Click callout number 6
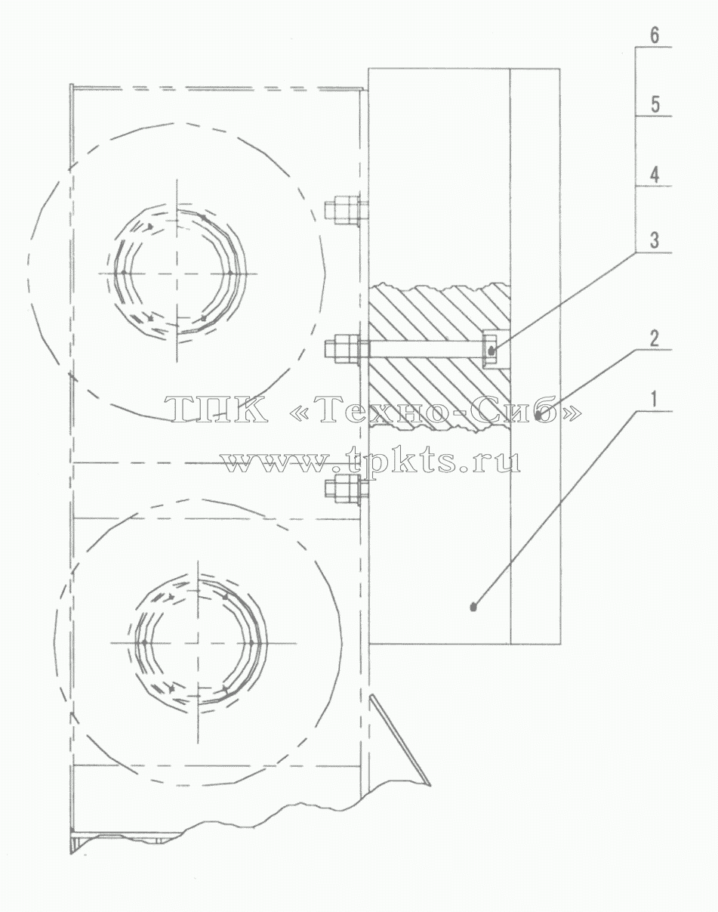pyautogui.click(x=655, y=35)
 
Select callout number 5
pyautogui.click(x=655, y=104)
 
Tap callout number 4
pyautogui.click(x=655, y=175)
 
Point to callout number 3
pyautogui.click(x=655, y=241)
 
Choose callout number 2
pyautogui.click(x=655, y=339)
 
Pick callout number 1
pyautogui.click(x=655, y=400)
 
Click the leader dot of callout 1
pyautogui.click(x=473, y=607)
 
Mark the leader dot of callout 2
pyautogui.click(x=538, y=416)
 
